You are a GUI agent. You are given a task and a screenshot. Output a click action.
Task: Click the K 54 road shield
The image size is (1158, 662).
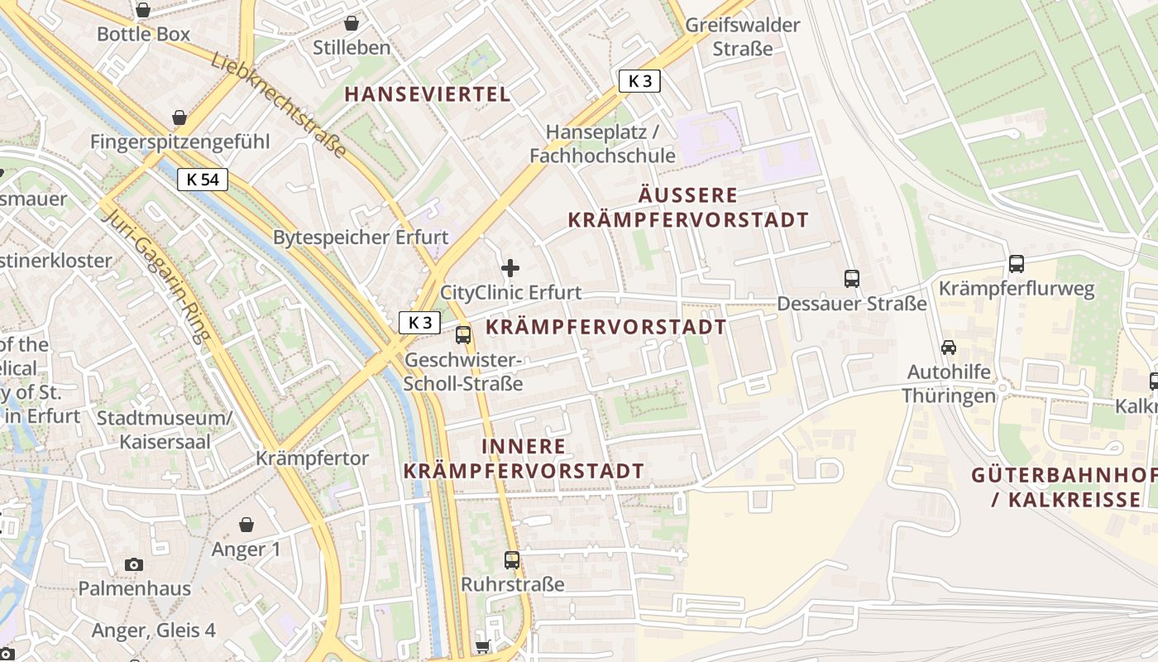point(203,180)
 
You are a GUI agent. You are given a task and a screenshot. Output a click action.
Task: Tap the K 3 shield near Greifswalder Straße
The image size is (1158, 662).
point(639,81)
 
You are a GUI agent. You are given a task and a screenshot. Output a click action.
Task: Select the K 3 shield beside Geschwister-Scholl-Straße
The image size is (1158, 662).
point(420,323)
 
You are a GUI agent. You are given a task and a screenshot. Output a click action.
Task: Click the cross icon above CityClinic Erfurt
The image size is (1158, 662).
point(510,268)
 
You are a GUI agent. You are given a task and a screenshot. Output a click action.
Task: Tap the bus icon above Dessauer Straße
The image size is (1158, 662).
point(852,279)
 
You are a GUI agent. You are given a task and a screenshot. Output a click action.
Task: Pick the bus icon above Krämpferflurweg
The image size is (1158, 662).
point(1017,264)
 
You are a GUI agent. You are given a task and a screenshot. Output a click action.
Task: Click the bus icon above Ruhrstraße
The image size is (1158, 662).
point(512,560)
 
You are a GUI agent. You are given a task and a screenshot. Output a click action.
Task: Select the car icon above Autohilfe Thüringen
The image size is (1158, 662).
point(948,348)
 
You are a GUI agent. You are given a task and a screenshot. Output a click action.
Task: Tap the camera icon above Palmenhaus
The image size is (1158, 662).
point(134,564)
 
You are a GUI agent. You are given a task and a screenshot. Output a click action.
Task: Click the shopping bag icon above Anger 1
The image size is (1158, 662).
point(246,525)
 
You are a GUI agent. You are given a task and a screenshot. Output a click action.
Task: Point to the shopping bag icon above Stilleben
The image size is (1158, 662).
point(352,23)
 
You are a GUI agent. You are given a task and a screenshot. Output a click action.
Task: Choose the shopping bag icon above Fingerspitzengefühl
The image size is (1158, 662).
point(179,118)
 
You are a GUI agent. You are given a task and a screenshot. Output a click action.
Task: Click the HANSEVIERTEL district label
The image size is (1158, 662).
point(428,94)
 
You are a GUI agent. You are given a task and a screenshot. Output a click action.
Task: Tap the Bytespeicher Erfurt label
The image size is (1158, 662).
point(361,237)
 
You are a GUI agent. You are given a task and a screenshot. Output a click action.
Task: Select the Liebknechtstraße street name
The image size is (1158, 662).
point(278,104)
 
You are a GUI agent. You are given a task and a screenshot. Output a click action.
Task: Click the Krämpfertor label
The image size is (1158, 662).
point(313,458)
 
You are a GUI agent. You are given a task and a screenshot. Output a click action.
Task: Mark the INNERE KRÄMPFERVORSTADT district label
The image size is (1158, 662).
point(524,458)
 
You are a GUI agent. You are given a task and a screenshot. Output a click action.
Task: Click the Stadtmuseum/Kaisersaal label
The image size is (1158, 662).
point(165,429)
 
